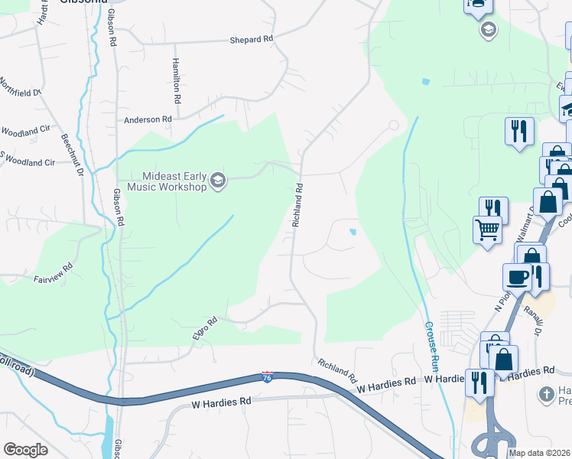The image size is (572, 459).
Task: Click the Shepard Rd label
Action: click(251, 39)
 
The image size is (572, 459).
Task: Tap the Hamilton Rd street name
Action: click(177, 81)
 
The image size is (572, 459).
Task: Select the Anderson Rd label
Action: click(148, 119)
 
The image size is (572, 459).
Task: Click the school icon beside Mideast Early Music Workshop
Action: click(218, 181)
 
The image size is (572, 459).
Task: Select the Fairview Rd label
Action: click(53, 273)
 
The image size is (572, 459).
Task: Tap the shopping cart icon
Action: click(487, 229)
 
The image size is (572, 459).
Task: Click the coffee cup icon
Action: click(518, 276)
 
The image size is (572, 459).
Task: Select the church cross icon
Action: click(546, 394)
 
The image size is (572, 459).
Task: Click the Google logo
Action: click(25, 450)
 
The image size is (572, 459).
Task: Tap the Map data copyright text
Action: click(540, 453)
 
